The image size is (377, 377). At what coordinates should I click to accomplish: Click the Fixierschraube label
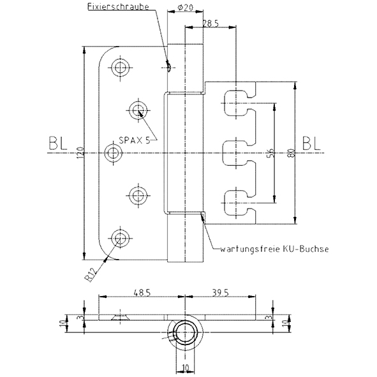click(x=118, y=6)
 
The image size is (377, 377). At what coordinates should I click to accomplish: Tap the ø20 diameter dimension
click(x=186, y=8)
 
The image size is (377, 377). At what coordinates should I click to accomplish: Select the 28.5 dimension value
click(x=211, y=24)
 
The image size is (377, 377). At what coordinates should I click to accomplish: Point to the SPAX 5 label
click(x=135, y=140)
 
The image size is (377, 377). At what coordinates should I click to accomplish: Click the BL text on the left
click(x=57, y=144)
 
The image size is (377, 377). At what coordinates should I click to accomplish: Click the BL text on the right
click(x=311, y=144)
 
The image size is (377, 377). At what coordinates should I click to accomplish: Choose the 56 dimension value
click(x=271, y=153)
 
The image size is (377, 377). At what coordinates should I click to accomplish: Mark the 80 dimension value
click(x=292, y=153)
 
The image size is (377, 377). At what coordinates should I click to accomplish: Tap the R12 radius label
click(x=92, y=274)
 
